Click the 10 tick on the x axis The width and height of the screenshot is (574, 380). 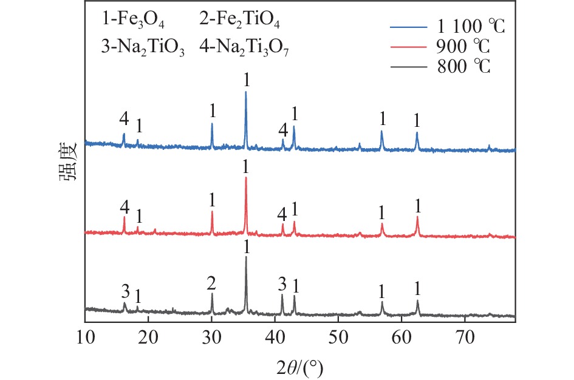(84, 334)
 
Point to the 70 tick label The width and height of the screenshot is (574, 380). (465, 334)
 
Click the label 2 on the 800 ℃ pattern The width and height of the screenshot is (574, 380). (211, 283)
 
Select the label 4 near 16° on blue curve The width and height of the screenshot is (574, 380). (124, 120)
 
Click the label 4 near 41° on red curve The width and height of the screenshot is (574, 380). (281, 214)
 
